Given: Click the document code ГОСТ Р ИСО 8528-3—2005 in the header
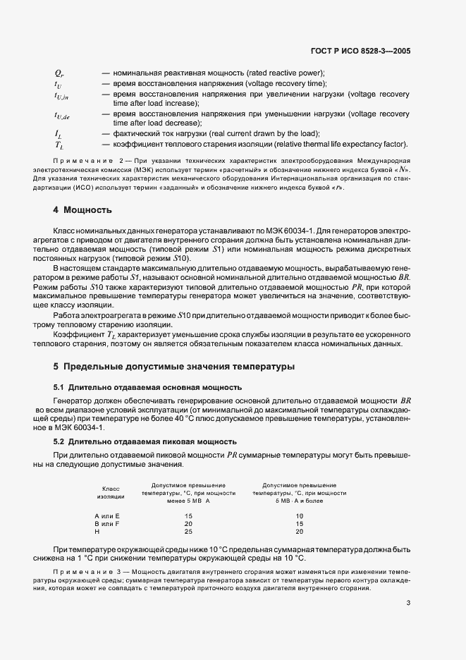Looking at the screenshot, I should tap(360, 51).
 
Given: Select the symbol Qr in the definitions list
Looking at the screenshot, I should tap(59, 73).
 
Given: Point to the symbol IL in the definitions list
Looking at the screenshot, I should tap(58, 134).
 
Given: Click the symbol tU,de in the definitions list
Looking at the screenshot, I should tap(62, 115).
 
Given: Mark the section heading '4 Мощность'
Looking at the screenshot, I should tap(83, 210).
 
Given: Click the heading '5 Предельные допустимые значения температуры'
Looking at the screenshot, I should tap(174, 367).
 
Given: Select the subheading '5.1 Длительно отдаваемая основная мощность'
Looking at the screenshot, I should tap(148, 387).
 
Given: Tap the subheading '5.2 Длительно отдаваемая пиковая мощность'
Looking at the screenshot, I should tap(145, 441).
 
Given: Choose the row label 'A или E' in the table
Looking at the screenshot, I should tap(107, 516).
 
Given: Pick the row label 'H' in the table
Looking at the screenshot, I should tap(97, 532).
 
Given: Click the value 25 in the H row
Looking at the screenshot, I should tap(188, 532).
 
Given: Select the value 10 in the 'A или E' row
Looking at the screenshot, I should tap(300, 516).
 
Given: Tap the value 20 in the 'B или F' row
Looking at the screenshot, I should tap(188, 524).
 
